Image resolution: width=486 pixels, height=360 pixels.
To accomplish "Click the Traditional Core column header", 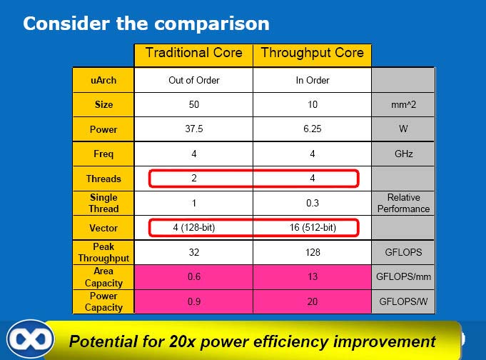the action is coord(193,55).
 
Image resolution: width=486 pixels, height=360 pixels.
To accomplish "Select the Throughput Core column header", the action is coord(312,55).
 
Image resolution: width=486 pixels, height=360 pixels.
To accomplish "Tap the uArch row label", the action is coord(103,80).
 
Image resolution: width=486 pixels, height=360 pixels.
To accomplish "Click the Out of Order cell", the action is coord(193,80).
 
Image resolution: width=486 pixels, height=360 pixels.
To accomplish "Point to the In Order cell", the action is coord(312,80).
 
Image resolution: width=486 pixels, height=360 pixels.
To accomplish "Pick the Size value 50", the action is coord(193,104).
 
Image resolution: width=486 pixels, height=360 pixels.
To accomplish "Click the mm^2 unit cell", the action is coord(403,104).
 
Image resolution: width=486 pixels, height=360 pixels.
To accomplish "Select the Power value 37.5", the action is coord(193,129).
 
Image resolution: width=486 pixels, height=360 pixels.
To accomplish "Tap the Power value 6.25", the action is coord(312,129).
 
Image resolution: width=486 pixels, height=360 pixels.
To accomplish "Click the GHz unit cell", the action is coord(403,154).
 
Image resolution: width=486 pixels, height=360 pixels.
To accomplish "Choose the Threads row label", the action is coord(103,179).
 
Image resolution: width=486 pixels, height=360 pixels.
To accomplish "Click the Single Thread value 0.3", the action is coord(312,203).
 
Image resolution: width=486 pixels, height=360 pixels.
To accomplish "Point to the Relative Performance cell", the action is coord(403,203).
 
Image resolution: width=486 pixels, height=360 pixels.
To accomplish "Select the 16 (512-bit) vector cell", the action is coord(312,227).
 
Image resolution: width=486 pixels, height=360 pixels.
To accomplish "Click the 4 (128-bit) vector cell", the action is coord(193,227).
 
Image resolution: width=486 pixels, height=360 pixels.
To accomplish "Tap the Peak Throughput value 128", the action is coord(312,252).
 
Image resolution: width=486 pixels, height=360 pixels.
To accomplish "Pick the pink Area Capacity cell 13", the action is coord(312,276).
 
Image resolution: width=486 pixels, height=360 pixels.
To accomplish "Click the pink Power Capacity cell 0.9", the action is coord(193,301).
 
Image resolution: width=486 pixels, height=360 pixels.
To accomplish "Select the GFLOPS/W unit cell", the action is coord(403,301).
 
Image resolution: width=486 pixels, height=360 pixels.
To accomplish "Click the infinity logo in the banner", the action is coord(31,339).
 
